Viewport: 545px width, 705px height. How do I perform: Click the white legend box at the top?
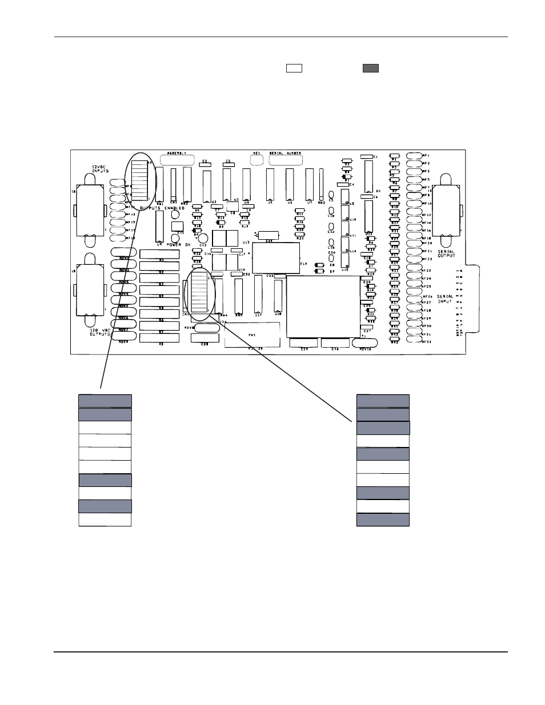coord(294,69)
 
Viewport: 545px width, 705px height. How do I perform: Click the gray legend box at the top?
coord(370,69)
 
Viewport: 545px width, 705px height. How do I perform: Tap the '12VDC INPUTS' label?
coord(101,169)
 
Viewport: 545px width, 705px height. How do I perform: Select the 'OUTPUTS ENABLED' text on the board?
coord(162,208)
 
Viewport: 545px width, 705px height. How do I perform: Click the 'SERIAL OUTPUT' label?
coord(446,253)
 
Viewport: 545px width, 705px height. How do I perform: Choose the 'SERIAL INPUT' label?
coord(444,299)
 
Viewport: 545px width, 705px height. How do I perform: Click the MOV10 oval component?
coord(365,343)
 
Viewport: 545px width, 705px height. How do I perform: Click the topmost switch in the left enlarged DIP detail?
coord(105,401)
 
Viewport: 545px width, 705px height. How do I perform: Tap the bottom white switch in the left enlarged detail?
coord(105,519)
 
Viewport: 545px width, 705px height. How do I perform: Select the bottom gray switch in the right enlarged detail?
coord(383,519)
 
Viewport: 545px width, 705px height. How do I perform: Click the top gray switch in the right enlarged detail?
coord(383,401)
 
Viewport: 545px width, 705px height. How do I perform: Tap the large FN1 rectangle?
coord(251,335)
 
